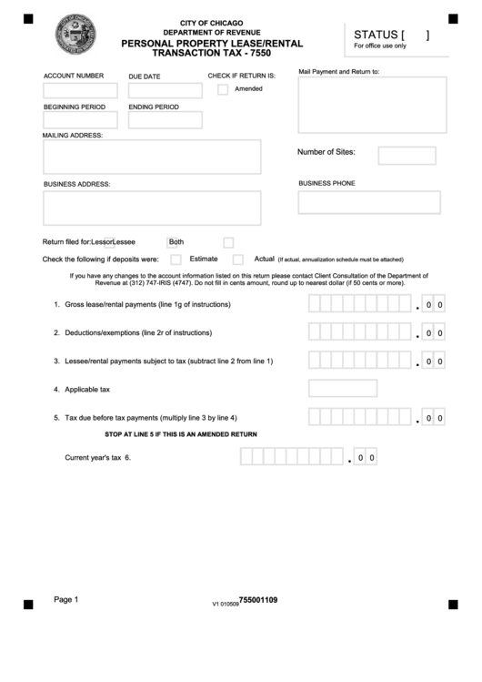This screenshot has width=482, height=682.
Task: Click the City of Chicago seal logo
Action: pos(75,36)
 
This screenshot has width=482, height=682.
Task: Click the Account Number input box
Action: pos(80,91)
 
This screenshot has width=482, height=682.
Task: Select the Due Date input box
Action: pos(165,91)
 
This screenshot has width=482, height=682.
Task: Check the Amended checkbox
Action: pos(223,89)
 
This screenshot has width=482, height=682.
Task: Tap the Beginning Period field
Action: pos(80,120)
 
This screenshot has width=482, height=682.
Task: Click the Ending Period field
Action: pos(165,120)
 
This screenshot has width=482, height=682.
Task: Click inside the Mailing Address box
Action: pos(151,157)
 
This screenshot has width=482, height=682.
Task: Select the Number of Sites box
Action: pos(407,156)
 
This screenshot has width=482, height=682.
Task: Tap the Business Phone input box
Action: pos(368,202)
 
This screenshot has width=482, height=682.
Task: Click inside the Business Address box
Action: pos(151,208)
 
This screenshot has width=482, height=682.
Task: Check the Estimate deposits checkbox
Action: pos(176,260)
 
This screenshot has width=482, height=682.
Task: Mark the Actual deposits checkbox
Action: pos(238,260)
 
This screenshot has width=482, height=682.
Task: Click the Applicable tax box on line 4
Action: pos(343,389)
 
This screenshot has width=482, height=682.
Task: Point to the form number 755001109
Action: pos(257,600)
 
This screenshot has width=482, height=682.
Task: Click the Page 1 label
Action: pos(66,599)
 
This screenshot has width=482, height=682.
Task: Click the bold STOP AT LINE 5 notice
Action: pos(181,434)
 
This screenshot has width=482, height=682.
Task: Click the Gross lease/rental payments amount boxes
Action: pos(360,304)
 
